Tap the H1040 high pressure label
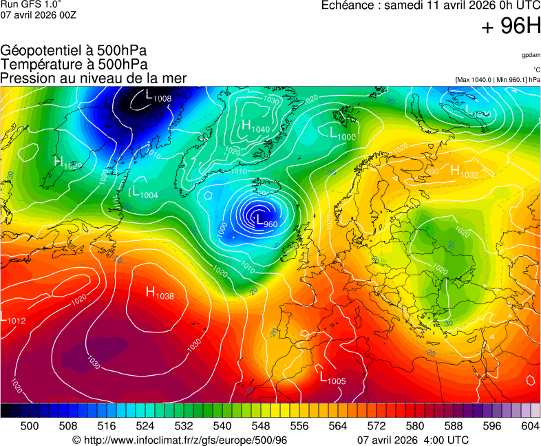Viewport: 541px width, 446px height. tap(255, 126)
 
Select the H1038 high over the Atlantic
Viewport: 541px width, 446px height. tap(159, 293)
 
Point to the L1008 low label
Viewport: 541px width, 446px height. tap(158, 96)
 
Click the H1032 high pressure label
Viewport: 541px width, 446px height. tap(464, 171)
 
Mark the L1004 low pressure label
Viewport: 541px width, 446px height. tap(145, 192)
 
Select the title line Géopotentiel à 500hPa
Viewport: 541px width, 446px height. tap(74, 51)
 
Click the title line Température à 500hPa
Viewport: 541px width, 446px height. tap(74, 64)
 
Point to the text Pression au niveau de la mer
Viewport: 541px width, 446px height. tap(94, 78)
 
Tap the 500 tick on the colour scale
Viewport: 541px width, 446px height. tap(30, 426)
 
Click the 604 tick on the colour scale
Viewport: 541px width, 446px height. tap(530, 426)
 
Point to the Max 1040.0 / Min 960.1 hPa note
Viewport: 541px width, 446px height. tap(498, 80)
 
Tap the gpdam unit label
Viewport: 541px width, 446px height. tap(530, 55)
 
